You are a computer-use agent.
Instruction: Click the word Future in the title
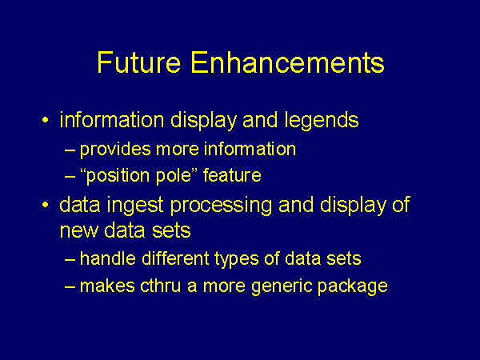[139, 62]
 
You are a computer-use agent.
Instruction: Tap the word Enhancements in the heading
[287, 62]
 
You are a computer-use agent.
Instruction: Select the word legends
[322, 120]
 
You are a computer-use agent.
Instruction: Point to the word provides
[115, 150]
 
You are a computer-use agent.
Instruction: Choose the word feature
[232, 174]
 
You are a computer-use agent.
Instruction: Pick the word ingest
[135, 205]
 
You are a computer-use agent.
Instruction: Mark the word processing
[221, 205]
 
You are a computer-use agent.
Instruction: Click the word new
[78, 231]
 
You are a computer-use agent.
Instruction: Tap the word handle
[108, 258]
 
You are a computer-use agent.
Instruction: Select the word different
[175, 258]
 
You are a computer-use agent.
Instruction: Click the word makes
[107, 286]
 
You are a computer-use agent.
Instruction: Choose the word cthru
[161, 286]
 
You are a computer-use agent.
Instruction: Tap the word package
[352, 287]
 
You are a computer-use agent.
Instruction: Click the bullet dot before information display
[46, 120]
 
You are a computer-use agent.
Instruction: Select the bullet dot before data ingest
[46, 205]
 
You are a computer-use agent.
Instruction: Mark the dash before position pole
[70, 177]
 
